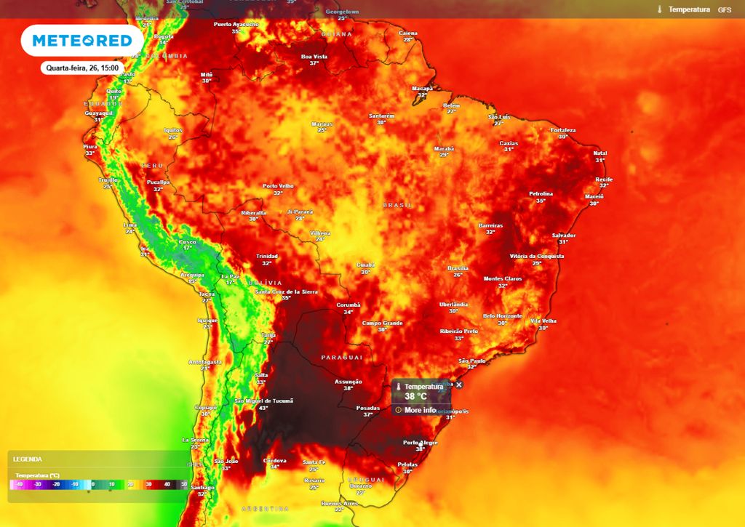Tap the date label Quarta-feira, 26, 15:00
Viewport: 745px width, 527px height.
[82, 68]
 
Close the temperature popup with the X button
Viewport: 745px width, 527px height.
[458, 385]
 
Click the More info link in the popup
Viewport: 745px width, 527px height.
[420, 410]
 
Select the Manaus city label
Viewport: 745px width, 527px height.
[322, 124]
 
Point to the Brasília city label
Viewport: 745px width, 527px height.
[458, 268]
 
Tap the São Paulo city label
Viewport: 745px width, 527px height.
[472, 361]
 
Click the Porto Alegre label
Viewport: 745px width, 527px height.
[420, 443]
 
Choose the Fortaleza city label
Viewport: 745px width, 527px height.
[563, 130]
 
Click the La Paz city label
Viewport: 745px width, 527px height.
[230, 276]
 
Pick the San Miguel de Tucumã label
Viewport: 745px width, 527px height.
[263, 401]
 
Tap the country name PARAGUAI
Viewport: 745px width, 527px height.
[342, 358]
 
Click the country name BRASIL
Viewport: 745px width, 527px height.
[398, 206]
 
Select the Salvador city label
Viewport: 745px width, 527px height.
[564, 236]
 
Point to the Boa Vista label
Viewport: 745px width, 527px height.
[314, 57]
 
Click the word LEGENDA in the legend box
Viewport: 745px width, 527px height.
[28, 459]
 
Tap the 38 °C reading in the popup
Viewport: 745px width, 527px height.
[415, 397]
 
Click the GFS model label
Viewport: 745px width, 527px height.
[725, 9]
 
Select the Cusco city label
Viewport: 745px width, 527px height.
[188, 242]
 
